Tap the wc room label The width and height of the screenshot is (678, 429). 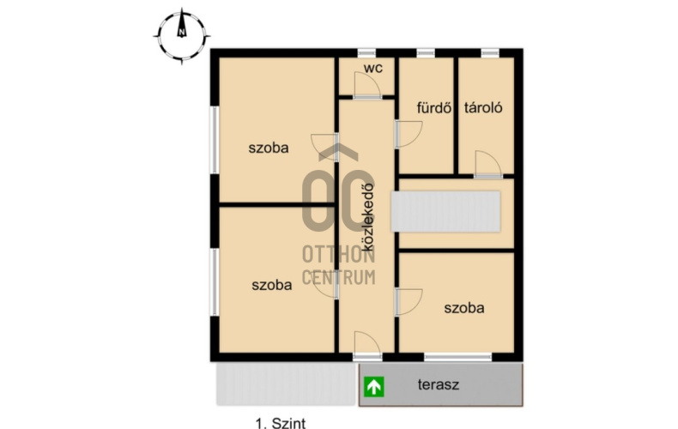[x=373, y=68]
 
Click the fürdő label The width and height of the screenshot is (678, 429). [x=433, y=107]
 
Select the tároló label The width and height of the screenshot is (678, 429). [x=483, y=107]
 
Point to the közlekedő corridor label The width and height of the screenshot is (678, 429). [x=368, y=217]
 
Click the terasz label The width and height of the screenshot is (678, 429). [x=438, y=384]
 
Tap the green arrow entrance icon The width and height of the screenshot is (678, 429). [x=373, y=387]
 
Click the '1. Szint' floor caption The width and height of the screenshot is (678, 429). [x=281, y=423]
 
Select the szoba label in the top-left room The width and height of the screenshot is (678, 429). [x=268, y=148]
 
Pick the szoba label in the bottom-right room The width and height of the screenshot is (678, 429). [x=464, y=308]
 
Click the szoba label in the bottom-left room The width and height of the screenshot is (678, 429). [x=271, y=285]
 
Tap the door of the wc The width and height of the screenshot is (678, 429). [x=367, y=85]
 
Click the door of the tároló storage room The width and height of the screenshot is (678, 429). [x=488, y=164]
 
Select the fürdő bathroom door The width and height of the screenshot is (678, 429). [x=409, y=135]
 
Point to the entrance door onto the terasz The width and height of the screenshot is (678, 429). [x=367, y=345]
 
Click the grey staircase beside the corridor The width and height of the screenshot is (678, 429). [x=445, y=211]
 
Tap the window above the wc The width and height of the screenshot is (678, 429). [x=366, y=52]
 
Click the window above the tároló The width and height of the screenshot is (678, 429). [x=490, y=52]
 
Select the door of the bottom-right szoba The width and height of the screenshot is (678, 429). [x=409, y=302]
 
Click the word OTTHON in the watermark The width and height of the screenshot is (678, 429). [x=338, y=255]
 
